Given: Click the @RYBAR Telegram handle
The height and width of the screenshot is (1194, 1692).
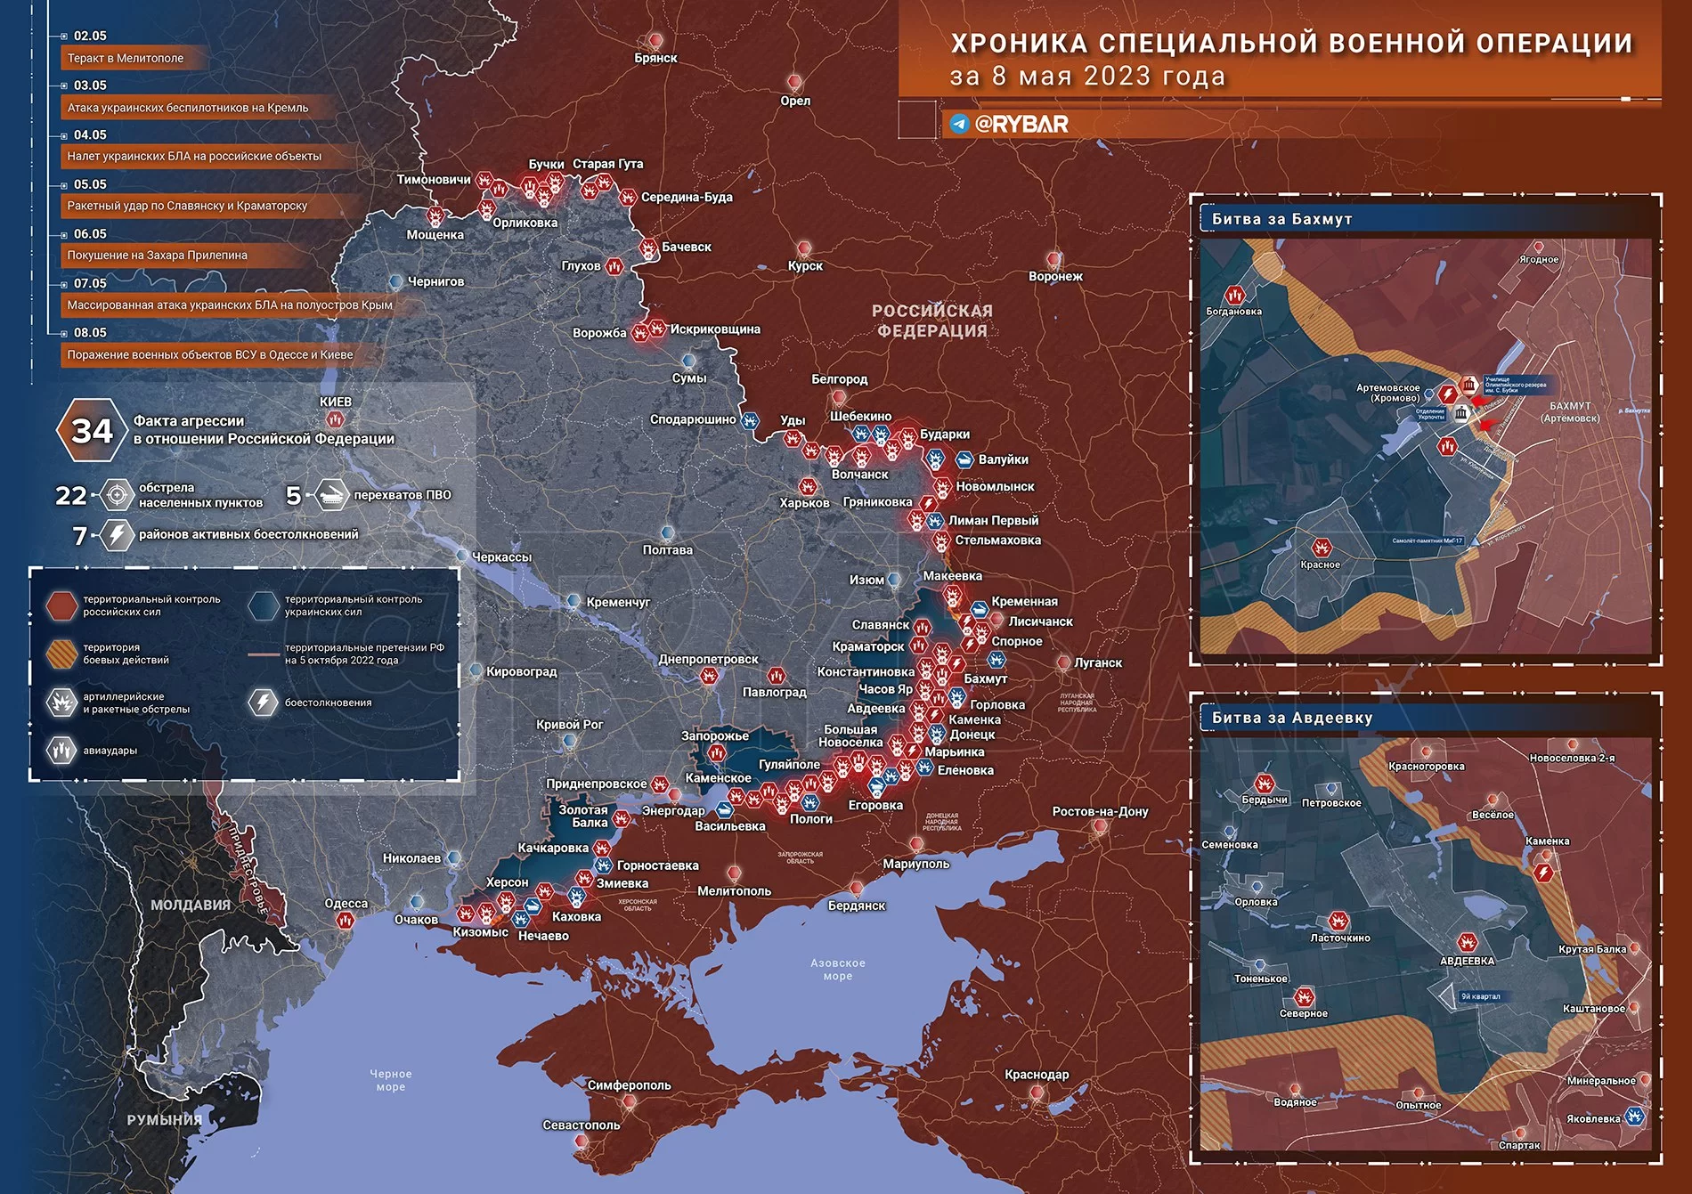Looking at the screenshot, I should click(x=1021, y=125).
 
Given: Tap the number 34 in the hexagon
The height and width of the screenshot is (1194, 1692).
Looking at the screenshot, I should click(x=92, y=431).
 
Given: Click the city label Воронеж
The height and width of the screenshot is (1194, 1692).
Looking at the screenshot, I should click(x=1055, y=277).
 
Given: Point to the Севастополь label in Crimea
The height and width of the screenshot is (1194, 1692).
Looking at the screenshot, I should click(x=582, y=1125).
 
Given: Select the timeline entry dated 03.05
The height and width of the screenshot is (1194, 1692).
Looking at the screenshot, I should click(x=90, y=85).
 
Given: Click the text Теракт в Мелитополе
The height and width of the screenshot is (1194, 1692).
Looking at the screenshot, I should click(x=126, y=59).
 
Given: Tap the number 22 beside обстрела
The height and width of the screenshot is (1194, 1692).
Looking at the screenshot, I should click(x=71, y=495).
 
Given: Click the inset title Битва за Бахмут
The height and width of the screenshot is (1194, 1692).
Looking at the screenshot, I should click(x=1281, y=219).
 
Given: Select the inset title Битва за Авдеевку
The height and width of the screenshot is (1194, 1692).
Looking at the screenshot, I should click(x=1292, y=718).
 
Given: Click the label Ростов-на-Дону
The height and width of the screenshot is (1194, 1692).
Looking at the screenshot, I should click(x=1100, y=812).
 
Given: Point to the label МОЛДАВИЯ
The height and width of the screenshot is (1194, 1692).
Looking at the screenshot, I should click(x=190, y=905).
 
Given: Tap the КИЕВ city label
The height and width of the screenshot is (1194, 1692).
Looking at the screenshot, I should click(x=336, y=402).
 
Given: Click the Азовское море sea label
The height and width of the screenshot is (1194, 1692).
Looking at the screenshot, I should click(x=837, y=970).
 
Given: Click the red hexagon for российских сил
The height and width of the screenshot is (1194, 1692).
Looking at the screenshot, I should click(x=61, y=605).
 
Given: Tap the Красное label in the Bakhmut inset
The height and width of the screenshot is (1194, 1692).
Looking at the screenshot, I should click(x=1320, y=565).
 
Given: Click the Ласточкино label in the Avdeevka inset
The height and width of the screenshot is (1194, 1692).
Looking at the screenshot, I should click(x=1340, y=938).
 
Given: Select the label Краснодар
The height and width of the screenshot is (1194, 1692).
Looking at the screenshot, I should click(x=1037, y=1075).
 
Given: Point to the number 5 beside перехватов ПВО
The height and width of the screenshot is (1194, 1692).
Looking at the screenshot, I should click(x=293, y=495).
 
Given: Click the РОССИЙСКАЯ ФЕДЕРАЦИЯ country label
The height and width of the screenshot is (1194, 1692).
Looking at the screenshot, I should click(x=931, y=321).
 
